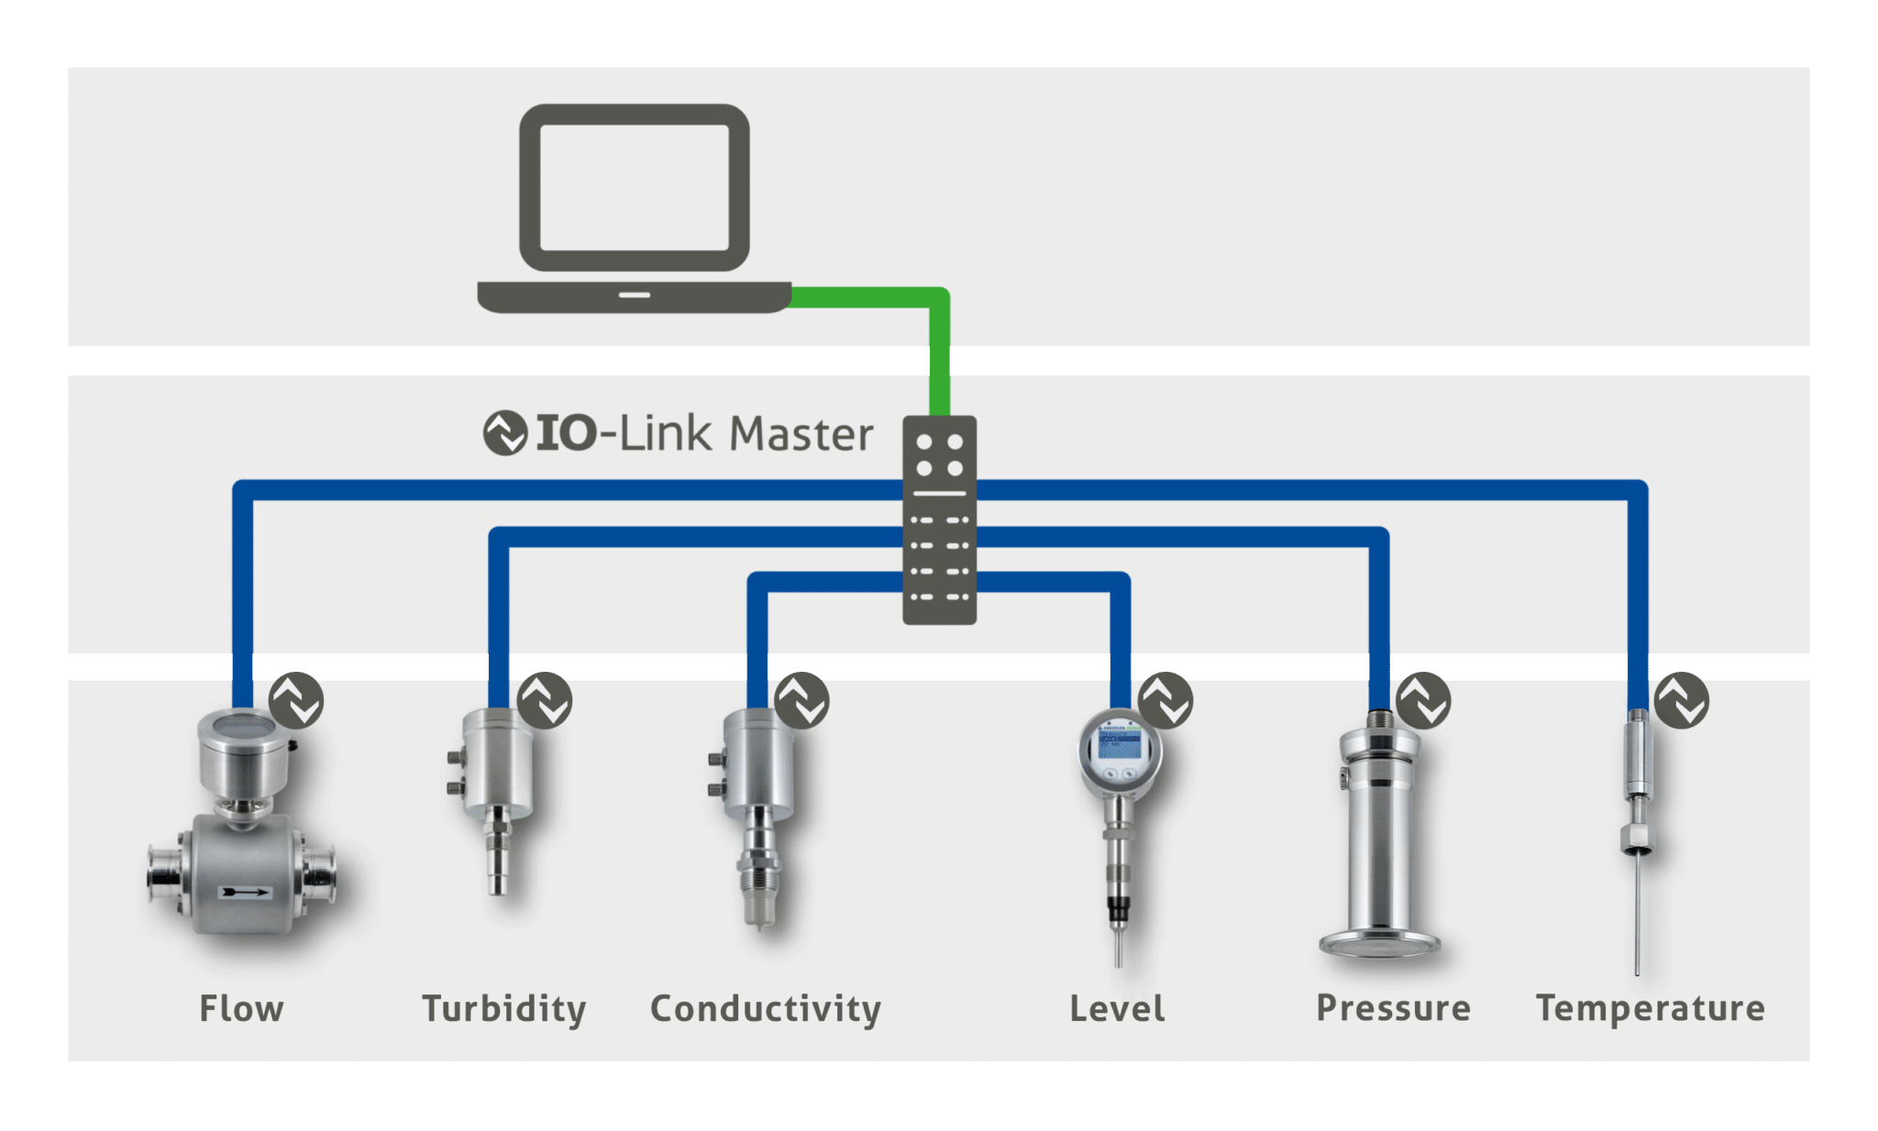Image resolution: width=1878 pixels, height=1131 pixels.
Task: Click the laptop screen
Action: (x=635, y=187)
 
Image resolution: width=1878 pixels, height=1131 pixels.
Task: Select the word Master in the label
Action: (x=801, y=434)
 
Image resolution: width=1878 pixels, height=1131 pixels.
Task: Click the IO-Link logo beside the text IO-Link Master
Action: (x=504, y=433)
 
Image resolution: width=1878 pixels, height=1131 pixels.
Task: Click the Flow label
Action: (x=242, y=1008)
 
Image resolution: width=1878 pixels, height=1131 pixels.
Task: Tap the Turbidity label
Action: (x=503, y=1008)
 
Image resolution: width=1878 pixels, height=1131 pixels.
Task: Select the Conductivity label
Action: (x=766, y=1008)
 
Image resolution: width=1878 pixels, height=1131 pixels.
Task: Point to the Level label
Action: (x=1117, y=1008)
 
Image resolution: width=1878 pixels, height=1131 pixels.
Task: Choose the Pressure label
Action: (x=1393, y=1007)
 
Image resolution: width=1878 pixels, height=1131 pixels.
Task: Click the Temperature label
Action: (x=1651, y=1007)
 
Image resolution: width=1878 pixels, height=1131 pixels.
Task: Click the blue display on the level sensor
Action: (x=1120, y=742)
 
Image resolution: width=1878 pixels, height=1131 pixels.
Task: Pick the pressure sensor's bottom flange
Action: (x=1380, y=944)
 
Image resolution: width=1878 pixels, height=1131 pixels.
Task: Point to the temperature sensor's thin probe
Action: (x=1637, y=917)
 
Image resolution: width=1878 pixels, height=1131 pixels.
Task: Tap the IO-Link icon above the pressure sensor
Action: (x=1423, y=700)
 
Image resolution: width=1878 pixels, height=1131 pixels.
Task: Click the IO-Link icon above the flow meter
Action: (x=296, y=700)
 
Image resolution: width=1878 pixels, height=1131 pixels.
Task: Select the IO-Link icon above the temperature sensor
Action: (x=1682, y=700)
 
